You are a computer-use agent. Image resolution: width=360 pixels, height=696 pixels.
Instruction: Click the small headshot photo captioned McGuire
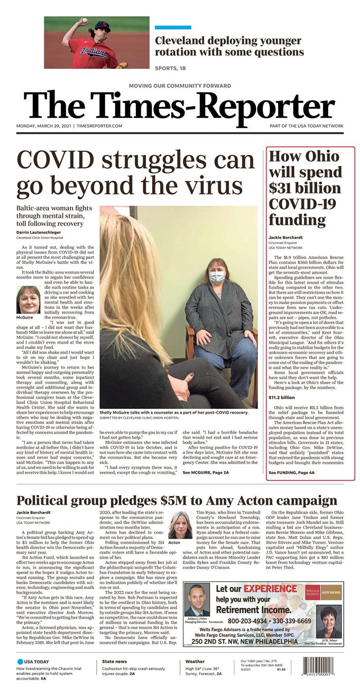(x=29, y=299)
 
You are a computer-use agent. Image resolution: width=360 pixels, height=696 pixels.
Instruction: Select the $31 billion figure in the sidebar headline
(x=305, y=188)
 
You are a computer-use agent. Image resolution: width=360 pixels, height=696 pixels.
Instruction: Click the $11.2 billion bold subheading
(x=282, y=397)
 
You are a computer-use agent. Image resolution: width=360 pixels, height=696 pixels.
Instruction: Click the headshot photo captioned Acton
(x=180, y=525)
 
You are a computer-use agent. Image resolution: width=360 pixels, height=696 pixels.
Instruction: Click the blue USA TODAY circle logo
(x=20, y=661)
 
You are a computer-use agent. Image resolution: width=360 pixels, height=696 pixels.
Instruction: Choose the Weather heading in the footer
(x=195, y=661)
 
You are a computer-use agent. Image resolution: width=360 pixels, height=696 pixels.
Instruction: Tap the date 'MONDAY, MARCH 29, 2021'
(x=45, y=126)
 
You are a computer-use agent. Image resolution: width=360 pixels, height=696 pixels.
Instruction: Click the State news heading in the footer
(x=114, y=661)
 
